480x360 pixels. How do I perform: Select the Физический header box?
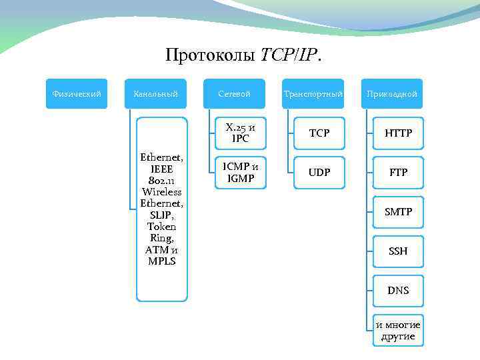click(77, 94)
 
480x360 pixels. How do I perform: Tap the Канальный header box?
click(155, 94)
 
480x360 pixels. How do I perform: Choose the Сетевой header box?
click(234, 94)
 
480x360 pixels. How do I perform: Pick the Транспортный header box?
click(313, 94)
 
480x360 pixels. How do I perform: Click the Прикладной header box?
click(391, 94)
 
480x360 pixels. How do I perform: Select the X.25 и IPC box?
click(240, 133)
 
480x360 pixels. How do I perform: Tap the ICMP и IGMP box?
click(240, 173)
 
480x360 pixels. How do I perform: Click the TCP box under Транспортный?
click(319, 133)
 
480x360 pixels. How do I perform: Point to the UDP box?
click(319, 173)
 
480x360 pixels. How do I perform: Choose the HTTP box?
click(398, 133)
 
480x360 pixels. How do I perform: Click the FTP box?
click(398, 173)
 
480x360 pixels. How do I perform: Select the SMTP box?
click(398, 212)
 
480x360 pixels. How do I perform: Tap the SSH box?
click(398, 251)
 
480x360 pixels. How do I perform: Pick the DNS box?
click(398, 291)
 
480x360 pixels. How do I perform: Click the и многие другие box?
click(398, 330)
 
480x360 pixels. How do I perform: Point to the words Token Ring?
click(162, 232)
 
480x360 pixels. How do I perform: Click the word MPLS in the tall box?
click(162, 261)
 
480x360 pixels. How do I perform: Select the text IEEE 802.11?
click(162, 175)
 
